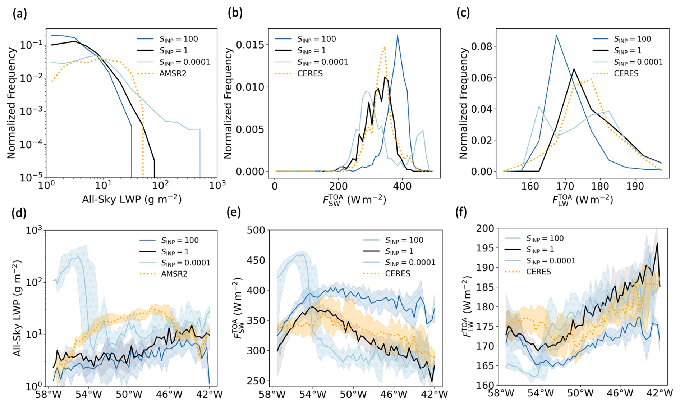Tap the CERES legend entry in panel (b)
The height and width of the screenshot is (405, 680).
(x=310, y=73)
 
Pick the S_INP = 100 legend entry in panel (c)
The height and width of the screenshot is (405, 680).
(x=632, y=39)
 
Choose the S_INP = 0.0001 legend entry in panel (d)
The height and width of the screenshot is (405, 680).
(x=185, y=263)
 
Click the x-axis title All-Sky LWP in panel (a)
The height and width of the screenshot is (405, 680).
(x=132, y=199)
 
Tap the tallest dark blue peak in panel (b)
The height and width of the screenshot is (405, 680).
(x=398, y=35)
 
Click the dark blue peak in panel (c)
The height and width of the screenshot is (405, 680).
(x=556, y=35)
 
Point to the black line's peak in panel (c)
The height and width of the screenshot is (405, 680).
(x=574, y=69)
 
